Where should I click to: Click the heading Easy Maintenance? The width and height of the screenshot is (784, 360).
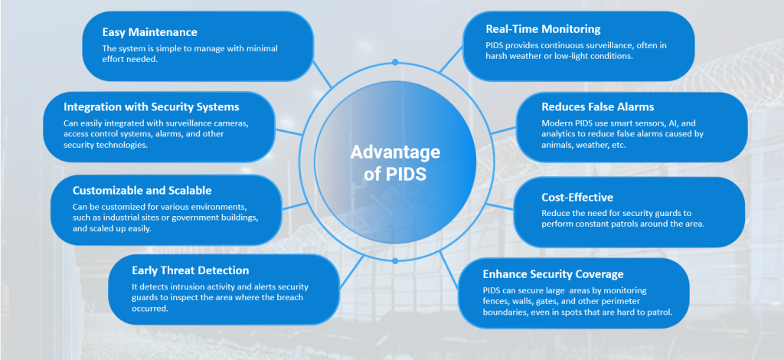coord(149,32)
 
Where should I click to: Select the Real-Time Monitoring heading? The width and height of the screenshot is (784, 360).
coord(543,29)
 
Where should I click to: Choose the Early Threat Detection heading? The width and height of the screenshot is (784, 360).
coord(190,270)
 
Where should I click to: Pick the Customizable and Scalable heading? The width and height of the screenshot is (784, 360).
coord(142,190)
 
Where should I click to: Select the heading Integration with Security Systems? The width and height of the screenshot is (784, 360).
coord(152,106)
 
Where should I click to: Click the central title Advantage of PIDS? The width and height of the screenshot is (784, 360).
coord(394,162)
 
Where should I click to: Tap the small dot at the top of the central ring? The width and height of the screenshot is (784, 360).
coord(395,61)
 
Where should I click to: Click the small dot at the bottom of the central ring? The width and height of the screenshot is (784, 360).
coord(395,261)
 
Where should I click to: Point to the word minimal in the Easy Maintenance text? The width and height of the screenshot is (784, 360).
coord(259,48)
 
